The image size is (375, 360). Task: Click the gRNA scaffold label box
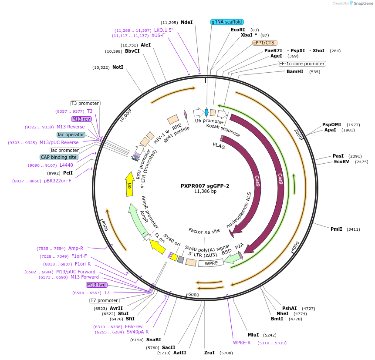[x=227, y=22]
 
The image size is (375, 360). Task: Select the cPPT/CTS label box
[x=264, y=43]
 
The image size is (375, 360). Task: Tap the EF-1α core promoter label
[x=302, y=64]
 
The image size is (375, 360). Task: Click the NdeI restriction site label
[x=186, y=22]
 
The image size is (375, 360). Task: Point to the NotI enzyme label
[x=118, y=67]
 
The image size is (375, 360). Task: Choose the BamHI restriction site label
[x=295, y=71]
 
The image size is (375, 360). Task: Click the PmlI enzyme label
[x=336, y=229]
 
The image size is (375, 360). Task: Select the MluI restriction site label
[x=253, y=335]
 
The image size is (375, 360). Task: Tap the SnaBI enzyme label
[x=154, y=340]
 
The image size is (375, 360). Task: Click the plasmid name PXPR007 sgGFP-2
[x=205, y=185]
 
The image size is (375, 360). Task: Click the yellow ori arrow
[x=129, y=183]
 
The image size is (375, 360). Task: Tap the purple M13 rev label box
[x=81, y=119]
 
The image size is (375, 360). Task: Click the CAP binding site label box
[x=59, y=157]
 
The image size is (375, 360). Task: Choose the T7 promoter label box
[x=104, y=300]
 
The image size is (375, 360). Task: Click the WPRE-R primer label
[x=242, y=343]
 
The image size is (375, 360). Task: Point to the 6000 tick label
[x=194, y=295]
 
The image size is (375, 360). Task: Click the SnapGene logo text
[x=363, y=3]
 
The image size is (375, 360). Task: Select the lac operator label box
[x=71, y=135]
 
